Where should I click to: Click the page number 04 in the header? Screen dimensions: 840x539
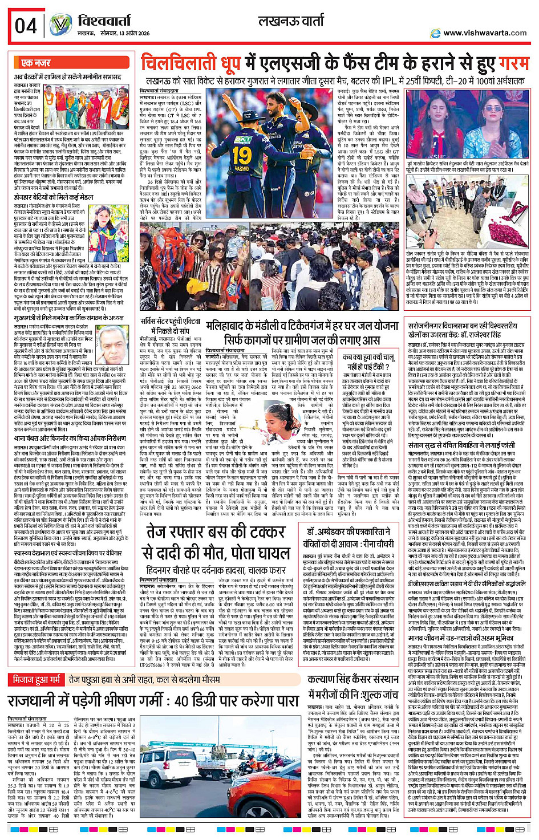26,26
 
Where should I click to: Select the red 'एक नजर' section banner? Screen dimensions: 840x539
35,62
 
